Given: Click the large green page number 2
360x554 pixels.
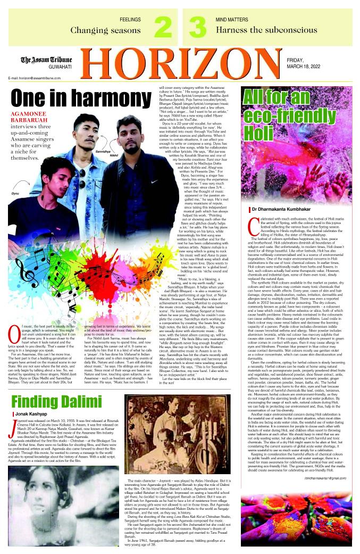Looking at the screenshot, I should [x=163, y=28].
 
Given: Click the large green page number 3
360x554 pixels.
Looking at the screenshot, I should [x=197, y=28].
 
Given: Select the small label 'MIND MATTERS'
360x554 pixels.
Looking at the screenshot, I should [x=229, y=19].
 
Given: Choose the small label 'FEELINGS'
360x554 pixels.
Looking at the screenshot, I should [x=131, y=19].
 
